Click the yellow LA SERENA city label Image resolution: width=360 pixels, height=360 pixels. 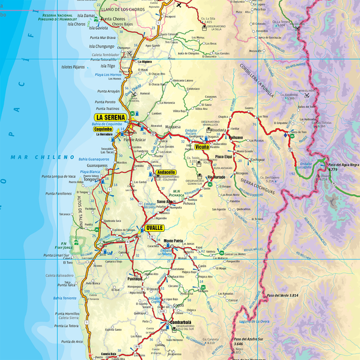click(110, 117)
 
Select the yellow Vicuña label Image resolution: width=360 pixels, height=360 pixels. click(201, 146)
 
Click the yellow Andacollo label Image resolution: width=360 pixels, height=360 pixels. click(166, 173)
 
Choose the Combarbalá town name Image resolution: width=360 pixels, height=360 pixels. click(181, 322)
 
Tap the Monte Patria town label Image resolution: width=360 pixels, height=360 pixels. click(174, 241)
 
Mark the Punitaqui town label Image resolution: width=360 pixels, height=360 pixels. click(134, 278)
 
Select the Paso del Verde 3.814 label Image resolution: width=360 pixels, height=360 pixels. click(283, 295)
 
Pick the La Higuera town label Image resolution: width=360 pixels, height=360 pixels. click(145, 62)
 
